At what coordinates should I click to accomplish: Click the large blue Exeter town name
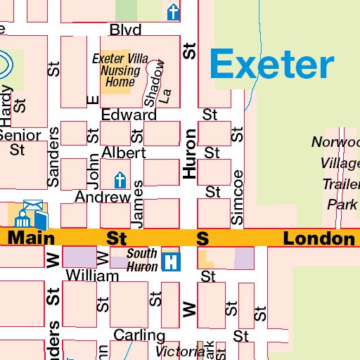[271, 65]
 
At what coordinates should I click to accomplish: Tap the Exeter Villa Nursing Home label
[120, 71]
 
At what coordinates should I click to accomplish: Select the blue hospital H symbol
[170, 262]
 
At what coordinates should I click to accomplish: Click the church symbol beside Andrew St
[120, 180]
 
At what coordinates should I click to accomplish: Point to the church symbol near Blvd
[173, 12]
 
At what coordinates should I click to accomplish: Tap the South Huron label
[142, 260]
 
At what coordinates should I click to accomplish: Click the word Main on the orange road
[32, 239]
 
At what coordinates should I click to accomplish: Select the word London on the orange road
[319, 239]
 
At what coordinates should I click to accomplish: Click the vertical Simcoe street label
[238, 198]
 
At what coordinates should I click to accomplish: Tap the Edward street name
[129, 115]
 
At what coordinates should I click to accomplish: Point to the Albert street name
[123, 153]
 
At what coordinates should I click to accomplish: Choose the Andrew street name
[103, 197]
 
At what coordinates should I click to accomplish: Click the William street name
[92, 276]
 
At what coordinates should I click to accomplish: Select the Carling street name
[139, 335]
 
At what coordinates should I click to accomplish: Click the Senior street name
[19, 135]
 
